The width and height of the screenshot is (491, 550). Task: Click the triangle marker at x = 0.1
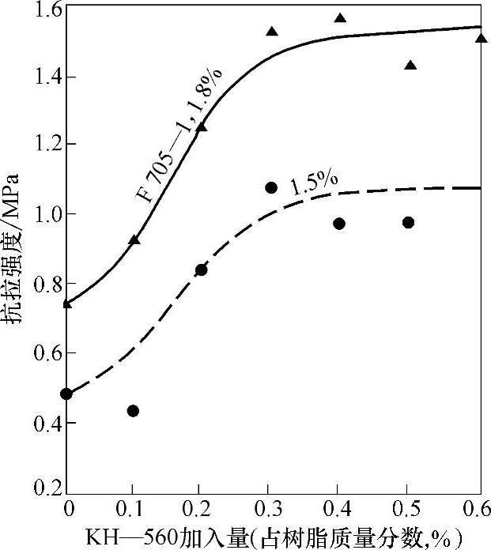pyautogui.click(x=134, y=239)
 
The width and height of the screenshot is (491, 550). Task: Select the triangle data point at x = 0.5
pyautogui.click(x=410, y=65)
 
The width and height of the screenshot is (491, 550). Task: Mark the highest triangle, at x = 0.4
pyautogui.click(x=340, y=18)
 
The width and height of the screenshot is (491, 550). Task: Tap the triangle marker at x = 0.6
pyautogui.click(x=481, y=38)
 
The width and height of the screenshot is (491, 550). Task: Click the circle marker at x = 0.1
pyautogui.click(x=133, y=411)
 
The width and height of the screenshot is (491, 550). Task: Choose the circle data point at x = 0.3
pyautogui.click(x=271, y=188)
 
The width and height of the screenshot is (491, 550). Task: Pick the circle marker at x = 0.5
pyautogui.click(x=408, y=223)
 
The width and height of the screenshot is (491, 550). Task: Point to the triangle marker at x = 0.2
pyautogui.click(x=201, y=126)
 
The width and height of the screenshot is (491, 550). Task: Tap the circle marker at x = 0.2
pyautogui.click(x=201, y=270)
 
